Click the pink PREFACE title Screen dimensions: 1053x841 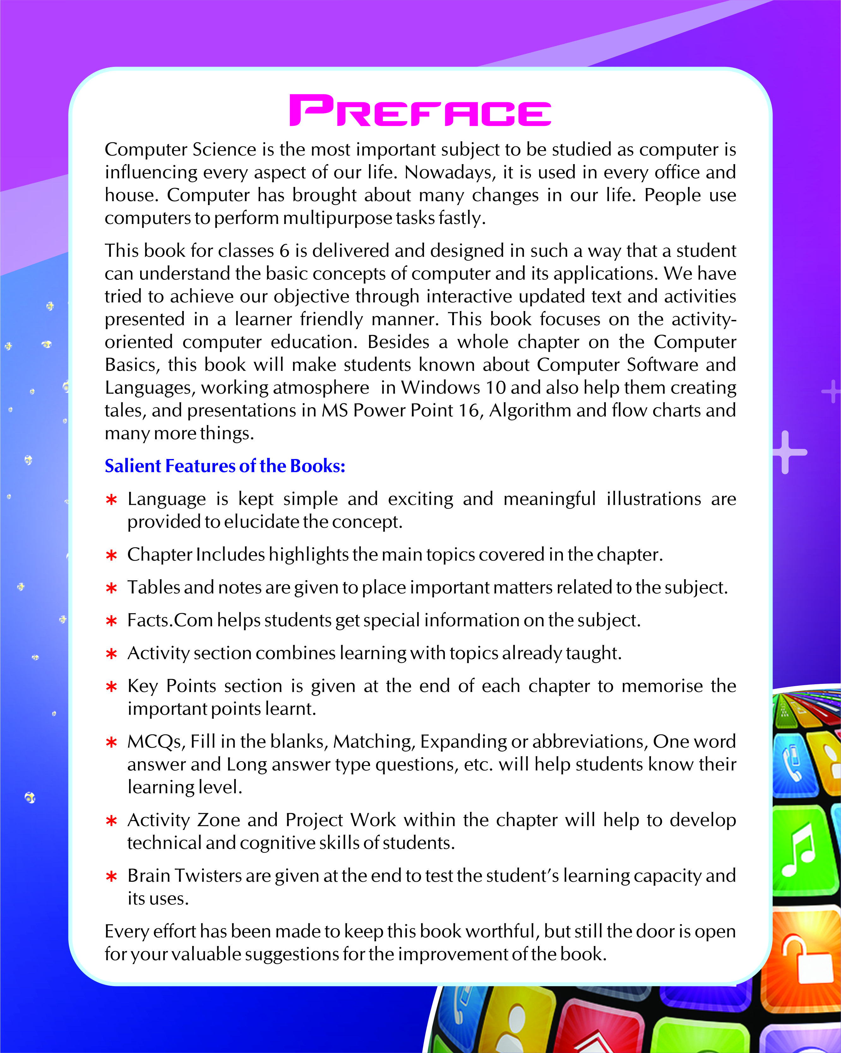point(420,110)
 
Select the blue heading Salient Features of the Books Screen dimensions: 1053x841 point(225,466)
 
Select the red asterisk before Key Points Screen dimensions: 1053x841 point(111,687)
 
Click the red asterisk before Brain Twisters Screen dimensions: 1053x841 point(111,877)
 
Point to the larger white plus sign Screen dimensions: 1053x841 point(786,452)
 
